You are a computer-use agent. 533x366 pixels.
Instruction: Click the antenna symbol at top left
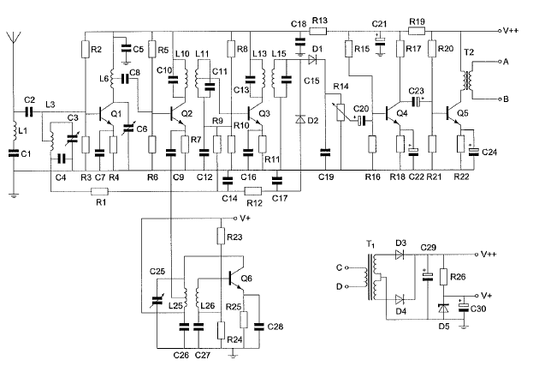(14, 38)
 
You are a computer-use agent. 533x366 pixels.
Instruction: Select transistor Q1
(106, 115)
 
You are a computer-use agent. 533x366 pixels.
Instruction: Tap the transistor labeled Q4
(393, 114)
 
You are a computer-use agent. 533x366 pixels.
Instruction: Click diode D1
(312, 60)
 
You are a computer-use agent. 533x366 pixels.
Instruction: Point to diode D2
(299, 119)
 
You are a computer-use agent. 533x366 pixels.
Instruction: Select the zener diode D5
(443, 309)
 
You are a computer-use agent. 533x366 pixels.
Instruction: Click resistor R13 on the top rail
(317, 32)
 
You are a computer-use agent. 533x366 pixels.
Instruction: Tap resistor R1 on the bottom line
(99, 191)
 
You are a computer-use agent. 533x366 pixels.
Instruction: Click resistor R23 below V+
(221, 236)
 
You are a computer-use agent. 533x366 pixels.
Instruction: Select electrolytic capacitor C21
(381, 40)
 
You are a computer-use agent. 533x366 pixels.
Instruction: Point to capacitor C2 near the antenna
(29, 112)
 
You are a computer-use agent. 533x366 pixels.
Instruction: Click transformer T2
(467, 81)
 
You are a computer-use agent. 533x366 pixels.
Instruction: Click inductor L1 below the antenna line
(15, 131)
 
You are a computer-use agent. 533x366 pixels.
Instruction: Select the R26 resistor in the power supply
(443, 277)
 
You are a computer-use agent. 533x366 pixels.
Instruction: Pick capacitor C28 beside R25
(259, 327)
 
